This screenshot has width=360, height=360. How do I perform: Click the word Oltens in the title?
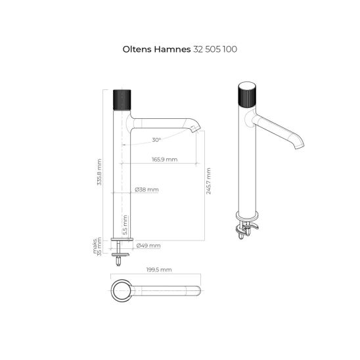click(x=137, y=49)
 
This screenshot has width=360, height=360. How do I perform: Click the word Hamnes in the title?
click(x=172, y=49)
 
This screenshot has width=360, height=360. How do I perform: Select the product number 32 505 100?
click(x=215, y=49)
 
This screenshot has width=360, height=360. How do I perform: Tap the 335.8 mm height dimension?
click(x=99, y=172)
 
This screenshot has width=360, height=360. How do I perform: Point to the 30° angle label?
click(x=156, y=140)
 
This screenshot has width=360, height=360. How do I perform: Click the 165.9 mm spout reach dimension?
click(x=165, y=160)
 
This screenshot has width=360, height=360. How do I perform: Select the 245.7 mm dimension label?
click(x=208, y=181)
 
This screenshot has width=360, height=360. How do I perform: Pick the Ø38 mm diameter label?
click(x=146, y=190)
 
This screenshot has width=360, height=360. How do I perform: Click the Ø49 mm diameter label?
click(x=148, y=246)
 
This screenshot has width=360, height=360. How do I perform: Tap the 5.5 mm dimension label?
click(x=125, y=225)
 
